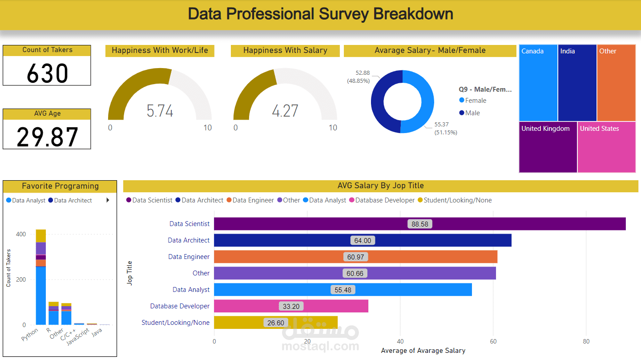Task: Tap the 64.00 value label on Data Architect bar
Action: point(363,241)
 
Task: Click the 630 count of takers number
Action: point(47,73)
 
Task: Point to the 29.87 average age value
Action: point(47,137)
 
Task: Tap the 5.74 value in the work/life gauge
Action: point(160,111)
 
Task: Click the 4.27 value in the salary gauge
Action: point(285,111)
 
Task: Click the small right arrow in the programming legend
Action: point(108,200)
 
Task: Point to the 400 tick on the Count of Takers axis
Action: point(21,234)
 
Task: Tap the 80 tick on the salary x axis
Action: point(586,341)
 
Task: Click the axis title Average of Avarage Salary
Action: point(423,351)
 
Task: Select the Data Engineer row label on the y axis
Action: point(189,257)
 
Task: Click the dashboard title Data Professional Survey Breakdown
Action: point(320,14)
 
